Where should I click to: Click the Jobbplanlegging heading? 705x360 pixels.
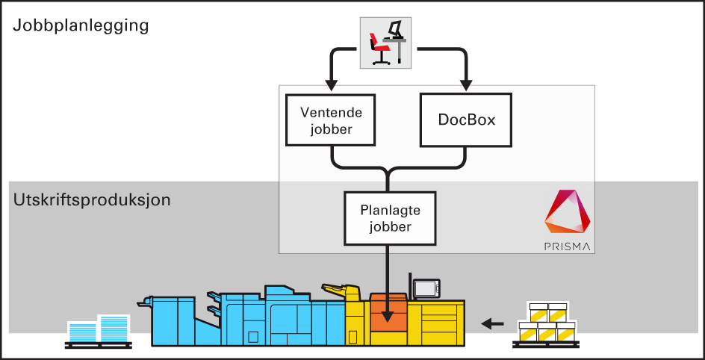[x=81, y=25]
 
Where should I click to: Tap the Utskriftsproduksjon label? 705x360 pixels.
[x=92, y=200]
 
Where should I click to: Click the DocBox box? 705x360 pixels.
[x=466, y=120]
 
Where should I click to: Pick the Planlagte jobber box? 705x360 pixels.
[x=390, y=217]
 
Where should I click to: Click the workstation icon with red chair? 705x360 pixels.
[x=385, y=42]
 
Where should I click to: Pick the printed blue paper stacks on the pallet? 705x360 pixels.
[x=99, y=329]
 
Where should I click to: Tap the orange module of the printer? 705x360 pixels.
[x=388, y=314]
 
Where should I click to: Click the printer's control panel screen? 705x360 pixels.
[x=427, y=288]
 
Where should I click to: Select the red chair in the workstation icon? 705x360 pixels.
[x=379, y=48]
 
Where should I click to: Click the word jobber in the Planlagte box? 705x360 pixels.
[x=390, y=226]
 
